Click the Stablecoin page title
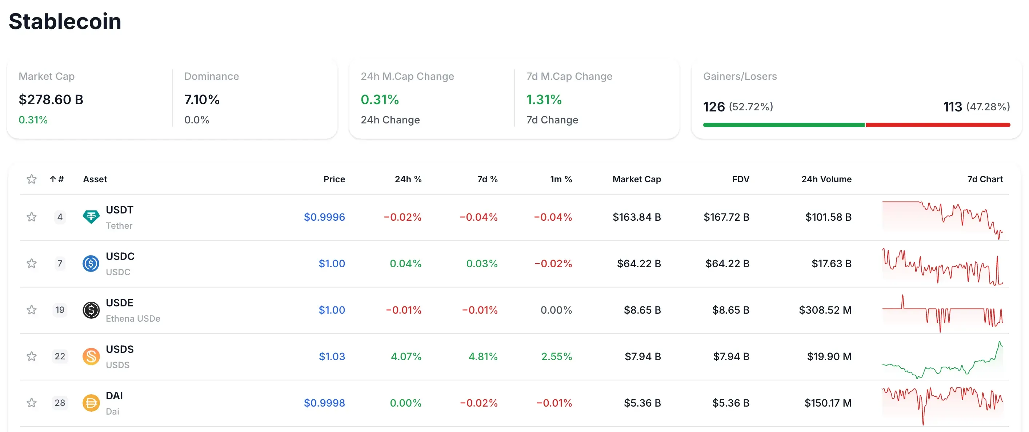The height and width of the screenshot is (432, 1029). click(x=65, y=21)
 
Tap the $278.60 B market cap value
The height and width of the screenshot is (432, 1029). click(x=51, y=99)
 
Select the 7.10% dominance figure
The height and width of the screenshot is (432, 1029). click(x=202, y=99)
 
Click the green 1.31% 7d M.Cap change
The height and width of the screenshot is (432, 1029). click(x=544, y=99)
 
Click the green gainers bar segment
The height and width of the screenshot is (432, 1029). click(x=783, y=125)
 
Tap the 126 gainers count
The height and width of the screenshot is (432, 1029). click(x=714, y=106)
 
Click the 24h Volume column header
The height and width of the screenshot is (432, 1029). click(x=826, y=179)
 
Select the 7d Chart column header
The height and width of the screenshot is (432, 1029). click(x=985, y=179)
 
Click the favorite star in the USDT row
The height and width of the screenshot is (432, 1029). click(x=32, y=217)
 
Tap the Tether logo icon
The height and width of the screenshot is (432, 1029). click(x=91, y=217)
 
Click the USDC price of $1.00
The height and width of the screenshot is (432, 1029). click(x=332, y=264)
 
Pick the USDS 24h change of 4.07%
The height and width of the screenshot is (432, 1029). click(x=406, y=356)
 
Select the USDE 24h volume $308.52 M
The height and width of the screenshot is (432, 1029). click(x=825, y=310)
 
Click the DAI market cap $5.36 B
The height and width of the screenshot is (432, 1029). click(x=642, y=403)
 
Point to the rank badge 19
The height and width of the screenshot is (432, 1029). click(x=60, y=310)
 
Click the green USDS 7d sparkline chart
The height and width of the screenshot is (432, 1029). click(x=942, y=361)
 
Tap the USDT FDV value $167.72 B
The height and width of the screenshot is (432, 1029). click(x=726, y=217)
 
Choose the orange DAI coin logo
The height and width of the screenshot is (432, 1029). click(x=91, y=403)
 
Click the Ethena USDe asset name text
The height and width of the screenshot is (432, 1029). click(x=133, y=318)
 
